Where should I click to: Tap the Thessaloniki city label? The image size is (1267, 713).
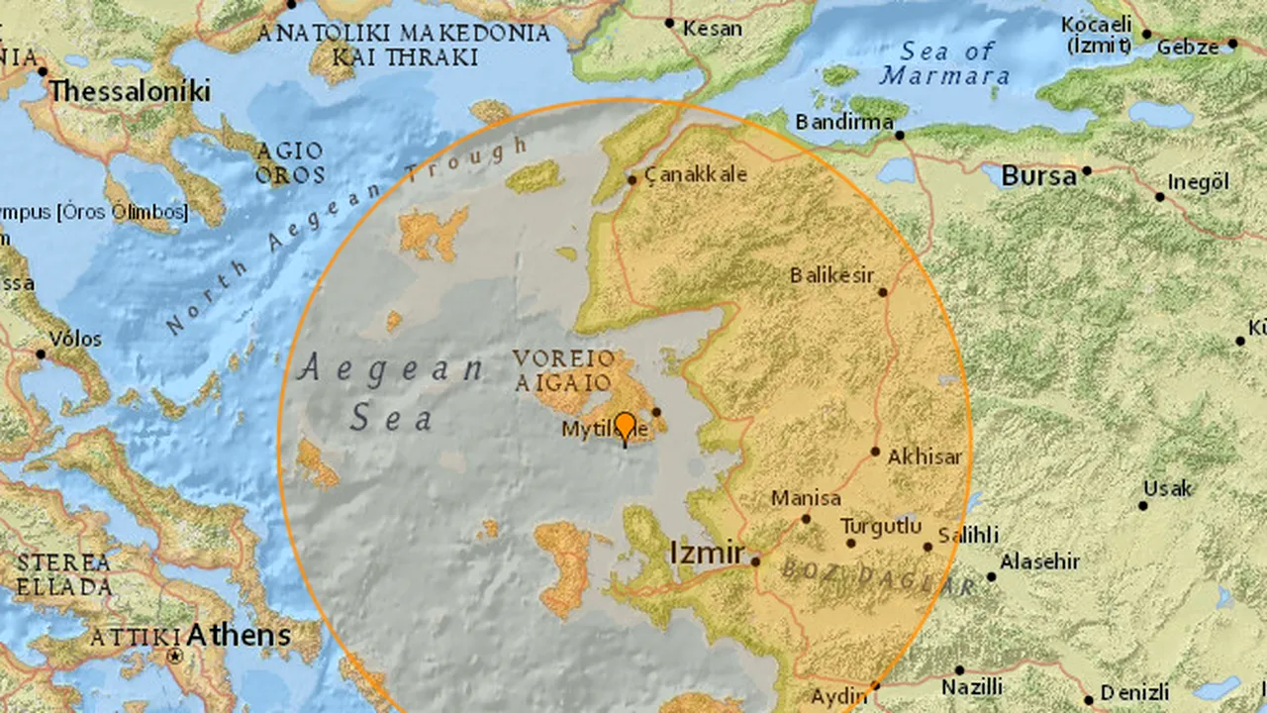130,92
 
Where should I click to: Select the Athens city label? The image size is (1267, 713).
241,634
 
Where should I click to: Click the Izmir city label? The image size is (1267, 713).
707,554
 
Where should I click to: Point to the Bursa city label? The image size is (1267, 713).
1038,176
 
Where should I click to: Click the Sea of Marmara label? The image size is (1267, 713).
946,63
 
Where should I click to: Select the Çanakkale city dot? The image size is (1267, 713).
633,180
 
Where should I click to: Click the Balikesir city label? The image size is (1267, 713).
832,275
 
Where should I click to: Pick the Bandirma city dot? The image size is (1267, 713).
900,135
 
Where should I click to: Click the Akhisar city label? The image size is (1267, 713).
925,458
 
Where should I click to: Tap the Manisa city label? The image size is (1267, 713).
806,498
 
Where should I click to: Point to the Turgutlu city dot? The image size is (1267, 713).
850,543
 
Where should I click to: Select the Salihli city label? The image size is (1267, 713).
967,535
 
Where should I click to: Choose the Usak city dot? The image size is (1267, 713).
1143,506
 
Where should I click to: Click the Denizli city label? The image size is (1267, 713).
1134,691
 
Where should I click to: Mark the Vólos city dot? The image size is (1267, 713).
42,354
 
